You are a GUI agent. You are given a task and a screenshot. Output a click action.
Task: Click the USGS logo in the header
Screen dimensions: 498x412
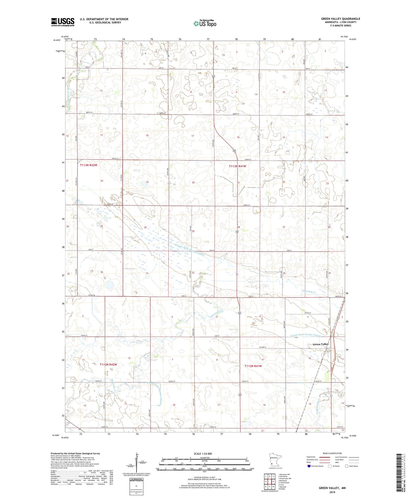[x=63, y=22]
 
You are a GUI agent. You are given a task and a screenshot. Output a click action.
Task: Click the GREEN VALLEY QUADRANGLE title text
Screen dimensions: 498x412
[x=341, y=19]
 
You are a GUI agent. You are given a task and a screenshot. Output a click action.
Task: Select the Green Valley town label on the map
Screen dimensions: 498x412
[x=321, y=344]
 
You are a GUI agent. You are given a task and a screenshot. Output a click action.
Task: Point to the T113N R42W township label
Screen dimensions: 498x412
[x=88, y=165]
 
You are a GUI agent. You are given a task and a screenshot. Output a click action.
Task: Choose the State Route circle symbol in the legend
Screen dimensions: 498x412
[x=347, y=466]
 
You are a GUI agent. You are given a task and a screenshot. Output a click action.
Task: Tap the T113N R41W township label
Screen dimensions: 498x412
[x=237, y=166]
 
